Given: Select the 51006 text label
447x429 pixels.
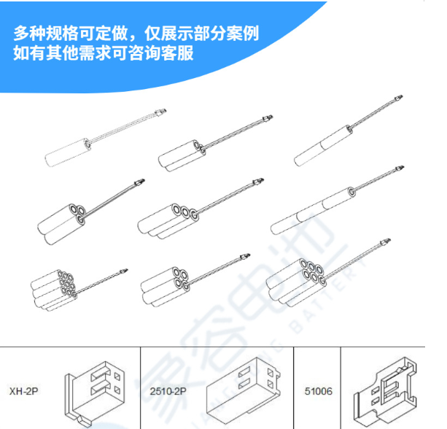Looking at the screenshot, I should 318,392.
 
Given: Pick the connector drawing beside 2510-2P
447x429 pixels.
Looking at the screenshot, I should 241,390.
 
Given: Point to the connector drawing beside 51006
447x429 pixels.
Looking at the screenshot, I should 385,392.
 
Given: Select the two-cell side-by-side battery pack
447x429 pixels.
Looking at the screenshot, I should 182,155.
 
